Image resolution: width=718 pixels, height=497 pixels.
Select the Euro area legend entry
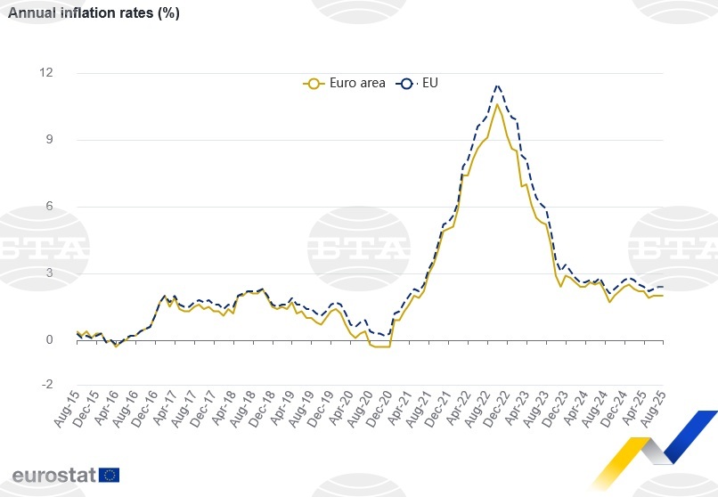click(x=345, y=83)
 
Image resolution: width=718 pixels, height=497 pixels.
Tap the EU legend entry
click(x=419, y=83)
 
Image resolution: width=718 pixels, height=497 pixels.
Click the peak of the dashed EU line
click(x=497, y=86)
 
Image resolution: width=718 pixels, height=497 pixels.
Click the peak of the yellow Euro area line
click(x=497, y=105)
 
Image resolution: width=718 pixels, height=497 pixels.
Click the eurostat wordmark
click(x=53, y=474)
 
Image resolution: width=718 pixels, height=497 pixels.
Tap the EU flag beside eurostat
click(x=110, y=474)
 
